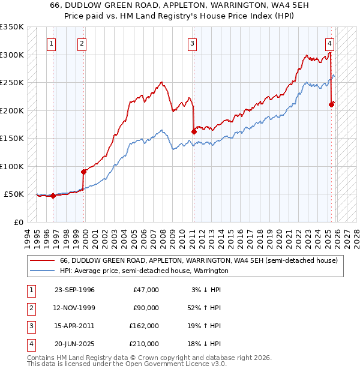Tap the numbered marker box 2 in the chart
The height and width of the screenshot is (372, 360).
pyautogui.click(x=81, y=43)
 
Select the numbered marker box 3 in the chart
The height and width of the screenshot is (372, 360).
pyautogui.click(x=192, y=43)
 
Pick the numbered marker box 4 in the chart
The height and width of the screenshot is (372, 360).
pyautogui.click(x=330, y=43)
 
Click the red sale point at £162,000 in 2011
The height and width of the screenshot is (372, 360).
pyautogui.click(x=194, y=131)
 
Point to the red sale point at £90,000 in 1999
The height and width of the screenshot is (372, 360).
pyautogui.click(x=83, y=172)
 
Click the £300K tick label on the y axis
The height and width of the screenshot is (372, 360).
pyautogui.click(x=12, y=55)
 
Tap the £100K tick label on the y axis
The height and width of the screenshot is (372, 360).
pyautogui.click(x=12, y=166)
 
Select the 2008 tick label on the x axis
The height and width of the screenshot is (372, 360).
pyautogui.click(x=163, y=237)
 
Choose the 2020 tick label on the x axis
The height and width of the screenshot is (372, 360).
pyautogui.click(x=279, y=237)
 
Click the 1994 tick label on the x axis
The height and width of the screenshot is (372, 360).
pyautogui.click(x=27, y=237)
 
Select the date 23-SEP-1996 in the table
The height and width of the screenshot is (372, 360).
pyautogui.click(x=74, y=290)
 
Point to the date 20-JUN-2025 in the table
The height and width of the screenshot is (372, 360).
pyautogui.click(x=74, y=344)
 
